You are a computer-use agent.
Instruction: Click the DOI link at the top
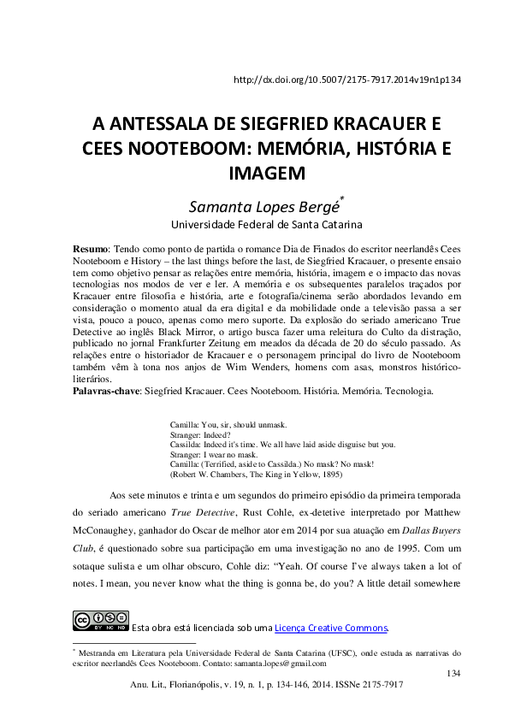coord(347,80)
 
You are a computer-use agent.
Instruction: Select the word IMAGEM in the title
coord(268,174)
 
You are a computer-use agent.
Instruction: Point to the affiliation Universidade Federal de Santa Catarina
coord(267,226)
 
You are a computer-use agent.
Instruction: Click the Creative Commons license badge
coord(101,621)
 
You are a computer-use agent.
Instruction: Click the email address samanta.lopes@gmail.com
coord(279,663)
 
